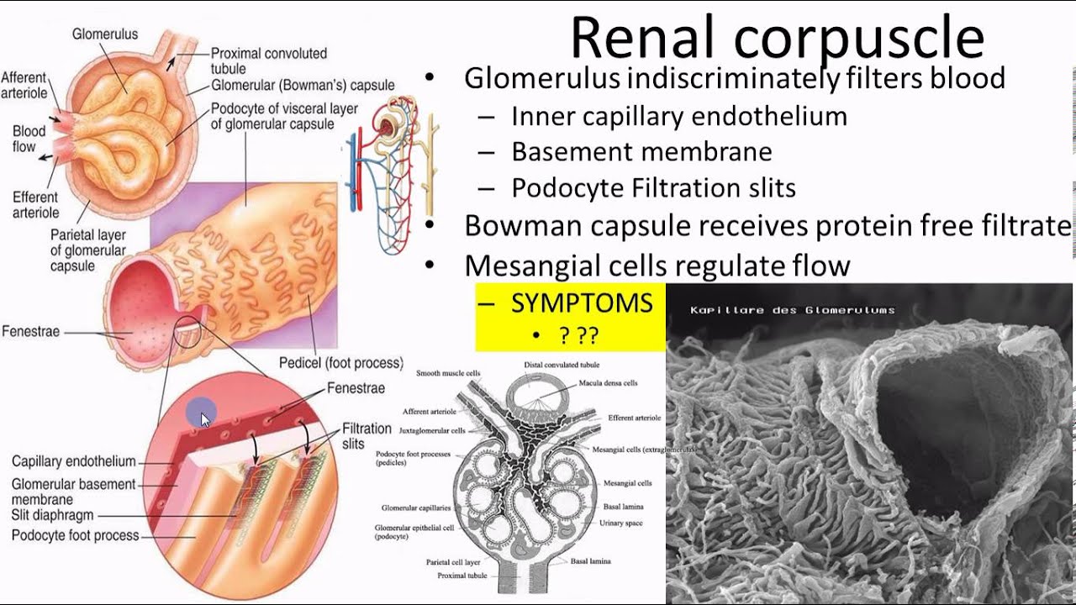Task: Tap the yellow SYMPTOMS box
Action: [570, 316]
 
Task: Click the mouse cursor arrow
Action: [205, 418]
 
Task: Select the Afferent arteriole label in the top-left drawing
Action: [24, 84]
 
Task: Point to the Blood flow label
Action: [29, 139]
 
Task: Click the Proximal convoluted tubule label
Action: [268, 60]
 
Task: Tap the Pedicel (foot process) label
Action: [340, 363]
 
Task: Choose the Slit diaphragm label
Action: [52, 515]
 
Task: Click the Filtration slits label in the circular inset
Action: [367, 435]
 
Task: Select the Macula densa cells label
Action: [608, 383]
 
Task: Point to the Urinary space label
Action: [620, 523]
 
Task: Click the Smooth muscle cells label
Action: [448, 373]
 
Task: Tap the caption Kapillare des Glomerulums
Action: [792, 310]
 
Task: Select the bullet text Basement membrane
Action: [641, 152]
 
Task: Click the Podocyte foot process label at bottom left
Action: [75, 535]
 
